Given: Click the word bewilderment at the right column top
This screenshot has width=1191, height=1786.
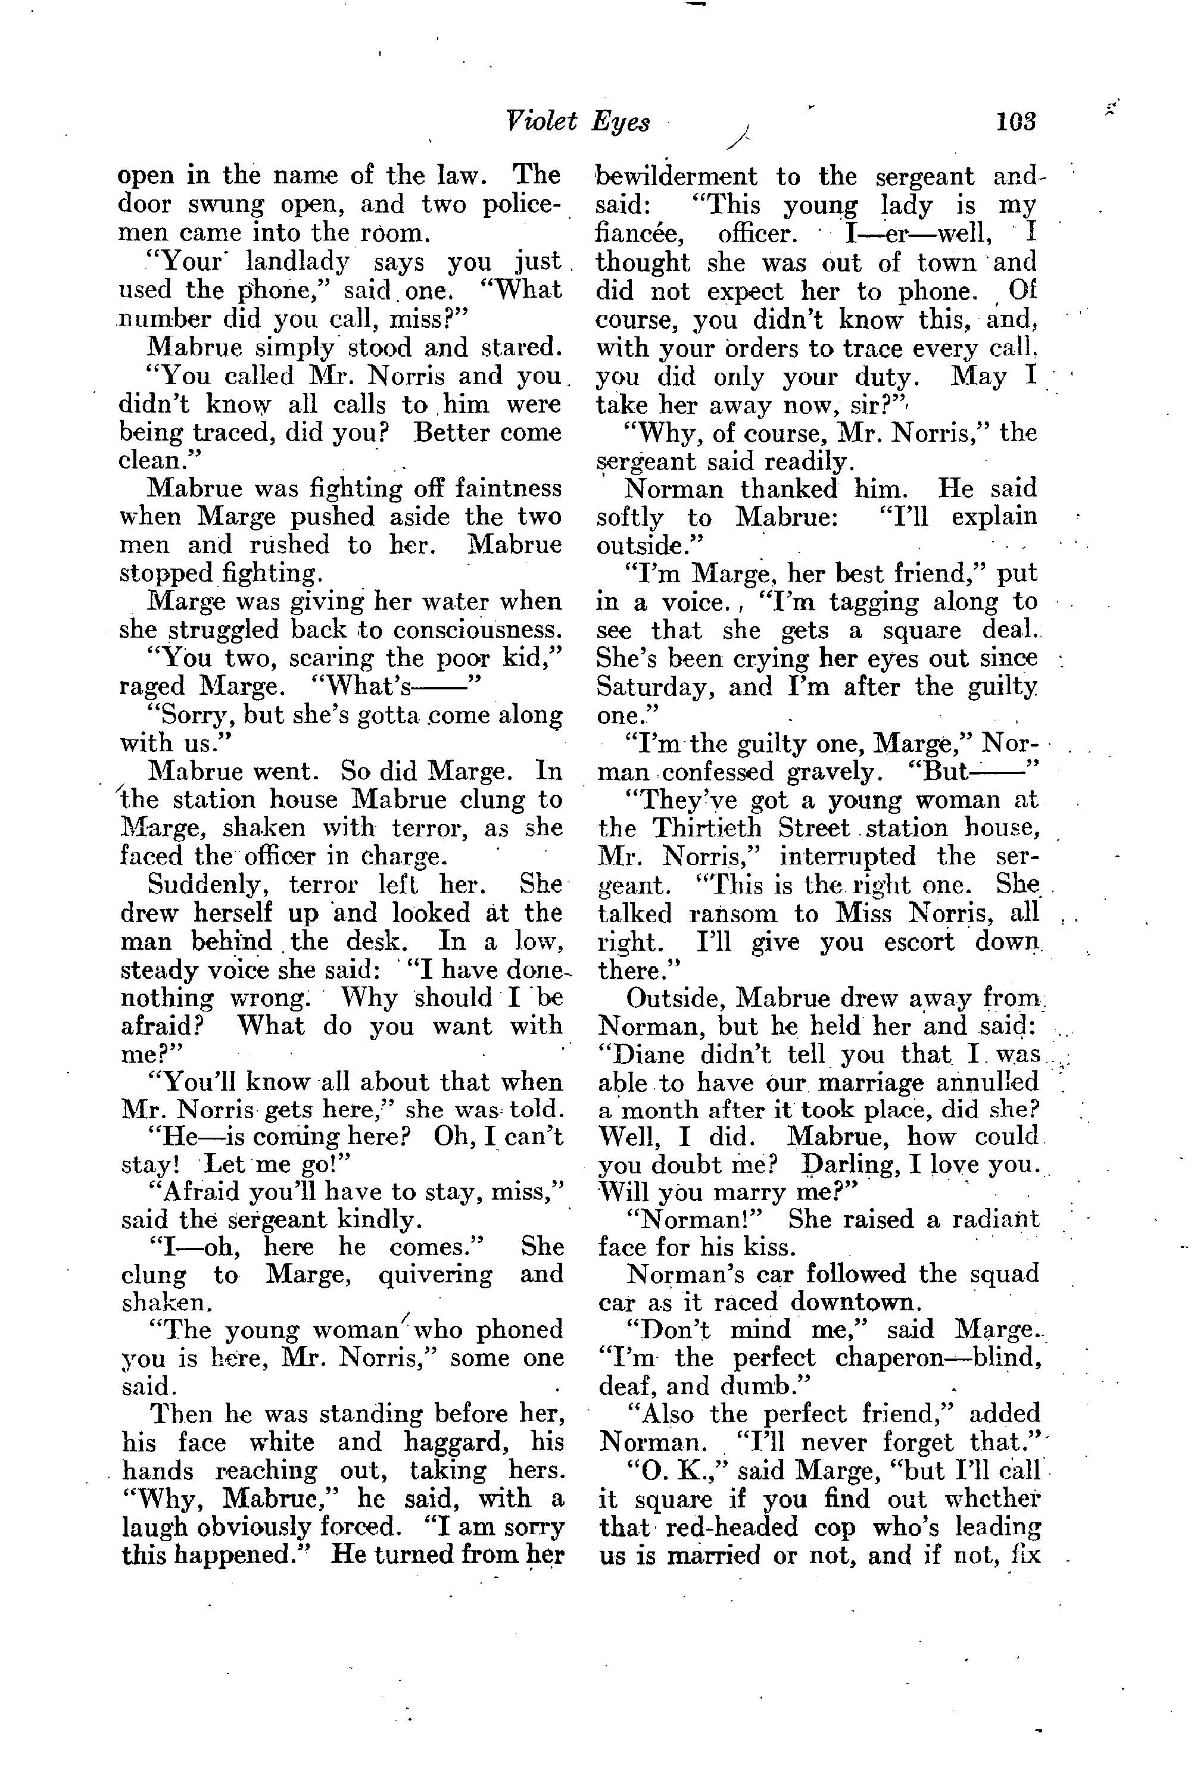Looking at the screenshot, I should tap(676, 177).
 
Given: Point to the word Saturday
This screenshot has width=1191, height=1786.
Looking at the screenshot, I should tap(654, 687).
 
